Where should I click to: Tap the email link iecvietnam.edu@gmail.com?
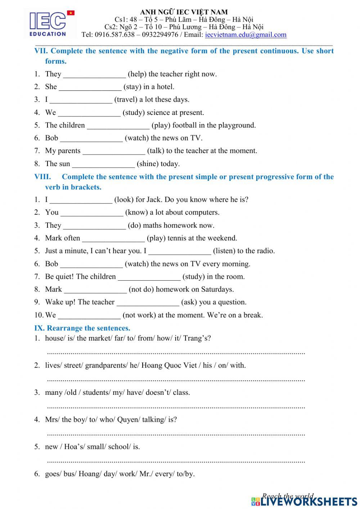tap(246, 35)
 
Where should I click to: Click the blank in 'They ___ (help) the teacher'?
tap(94, 75)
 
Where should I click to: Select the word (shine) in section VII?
tap(148, 164)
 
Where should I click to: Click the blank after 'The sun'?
tap(103, 164)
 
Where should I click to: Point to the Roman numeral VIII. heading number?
tap(42, 177)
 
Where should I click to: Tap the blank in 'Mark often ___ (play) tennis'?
tap(113, 238)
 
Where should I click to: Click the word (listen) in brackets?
tap(224, 251)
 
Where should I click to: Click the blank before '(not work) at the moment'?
tap(89, 316)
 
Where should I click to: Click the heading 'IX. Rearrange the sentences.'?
tap(82, 328)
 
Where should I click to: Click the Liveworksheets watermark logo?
tap(305, 501)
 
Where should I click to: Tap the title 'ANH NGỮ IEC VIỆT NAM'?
tap(184, 12)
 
